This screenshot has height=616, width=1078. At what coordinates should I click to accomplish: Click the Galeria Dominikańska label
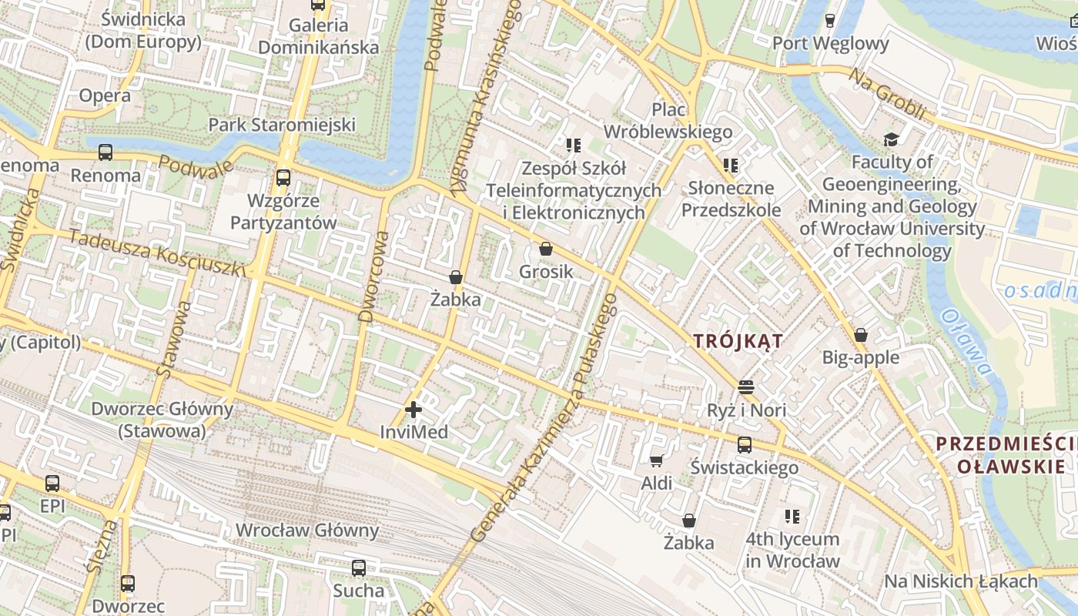pos(318,36)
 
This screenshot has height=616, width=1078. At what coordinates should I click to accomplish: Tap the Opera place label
pos(105,95)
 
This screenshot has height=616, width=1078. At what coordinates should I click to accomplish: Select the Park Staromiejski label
pos(282,125)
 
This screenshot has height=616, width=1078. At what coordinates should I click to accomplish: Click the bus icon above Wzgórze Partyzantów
pos(283,178)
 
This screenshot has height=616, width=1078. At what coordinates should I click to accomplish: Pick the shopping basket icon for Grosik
pos(546,249)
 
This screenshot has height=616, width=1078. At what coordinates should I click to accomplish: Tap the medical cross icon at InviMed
pos(413,410)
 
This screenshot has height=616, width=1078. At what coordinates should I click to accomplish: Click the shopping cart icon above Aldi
pos(656,460)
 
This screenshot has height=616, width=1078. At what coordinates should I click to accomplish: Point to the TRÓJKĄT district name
pos(738,341)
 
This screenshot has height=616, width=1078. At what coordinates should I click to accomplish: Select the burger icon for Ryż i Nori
pos(745,387)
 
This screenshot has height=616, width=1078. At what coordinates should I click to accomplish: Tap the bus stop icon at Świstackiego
pos(744,444)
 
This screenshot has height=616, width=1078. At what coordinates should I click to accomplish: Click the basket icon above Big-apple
pos(861,335)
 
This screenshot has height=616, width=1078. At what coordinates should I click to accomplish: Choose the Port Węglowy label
pos(830,43)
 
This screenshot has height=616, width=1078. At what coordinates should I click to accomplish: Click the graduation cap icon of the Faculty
pos(892,139)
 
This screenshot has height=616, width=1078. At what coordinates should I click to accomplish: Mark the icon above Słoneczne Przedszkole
pos(731,165)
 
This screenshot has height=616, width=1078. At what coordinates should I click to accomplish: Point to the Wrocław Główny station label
pos(307,531)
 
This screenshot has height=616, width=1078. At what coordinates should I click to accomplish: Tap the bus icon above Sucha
pos(359,568)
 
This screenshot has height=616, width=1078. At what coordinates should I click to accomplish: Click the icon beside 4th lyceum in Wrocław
pos(792,517)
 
